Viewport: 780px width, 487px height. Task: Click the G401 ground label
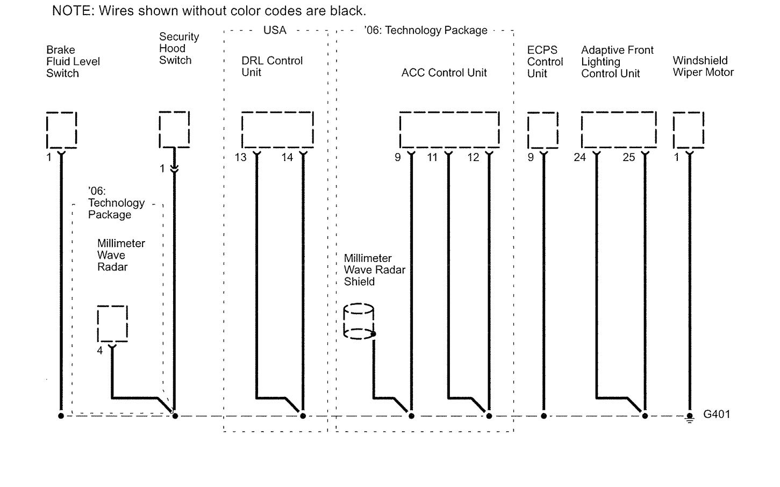click(717, 415)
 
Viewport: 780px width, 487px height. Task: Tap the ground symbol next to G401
click(690, 417)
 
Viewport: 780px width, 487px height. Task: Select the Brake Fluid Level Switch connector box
click(61, 130)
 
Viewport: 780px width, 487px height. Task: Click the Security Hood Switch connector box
click(174, 129)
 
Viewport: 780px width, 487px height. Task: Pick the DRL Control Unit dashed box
click(277, 129)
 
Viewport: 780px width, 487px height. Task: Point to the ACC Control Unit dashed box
click(449, 129)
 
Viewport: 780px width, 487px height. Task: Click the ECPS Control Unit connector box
click(542, 130)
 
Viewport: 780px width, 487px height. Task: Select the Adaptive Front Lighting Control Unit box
click(619, 129)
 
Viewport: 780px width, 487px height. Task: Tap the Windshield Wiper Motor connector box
click(689, 130)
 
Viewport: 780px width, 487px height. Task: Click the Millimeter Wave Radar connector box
click(112, 323)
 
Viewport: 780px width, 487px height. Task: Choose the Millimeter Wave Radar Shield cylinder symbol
click(359, 322)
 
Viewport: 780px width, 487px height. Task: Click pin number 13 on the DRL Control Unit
click(240, 157)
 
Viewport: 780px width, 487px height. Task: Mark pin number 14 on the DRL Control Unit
click(288, 157)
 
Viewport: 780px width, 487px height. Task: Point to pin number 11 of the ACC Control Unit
click(432, 157)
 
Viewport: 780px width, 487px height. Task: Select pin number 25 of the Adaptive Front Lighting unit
click(628, 157)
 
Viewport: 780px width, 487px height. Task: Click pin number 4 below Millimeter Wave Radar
click(100, 351)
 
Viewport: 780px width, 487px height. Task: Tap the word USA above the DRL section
click(275, 31)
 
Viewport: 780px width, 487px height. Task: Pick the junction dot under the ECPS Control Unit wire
click(543, 416)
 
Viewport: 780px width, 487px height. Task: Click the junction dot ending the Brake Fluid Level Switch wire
click(61, 416)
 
